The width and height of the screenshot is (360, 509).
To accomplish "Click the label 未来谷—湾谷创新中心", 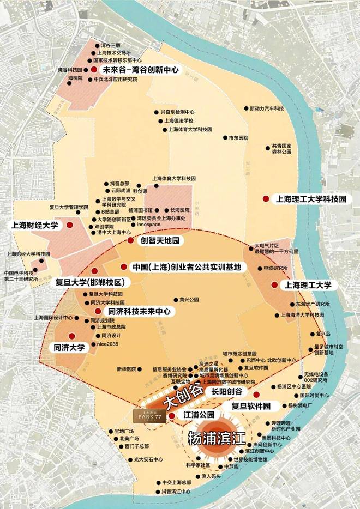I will pyautogui.click(x=141, y=70).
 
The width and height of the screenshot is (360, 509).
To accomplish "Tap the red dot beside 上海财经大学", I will pyautogui.click(x=70, y=225).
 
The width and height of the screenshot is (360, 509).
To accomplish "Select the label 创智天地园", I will pyautogui.click(x=160, y=240).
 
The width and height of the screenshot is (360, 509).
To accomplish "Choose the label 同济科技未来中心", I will pyautogui.click(x=140, y=311).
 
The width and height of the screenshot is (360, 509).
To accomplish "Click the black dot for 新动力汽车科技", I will pyautogui.click(x=245, y=109).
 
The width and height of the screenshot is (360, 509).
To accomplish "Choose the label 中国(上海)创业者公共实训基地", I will pyautogui.click(x=187, y=268).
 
